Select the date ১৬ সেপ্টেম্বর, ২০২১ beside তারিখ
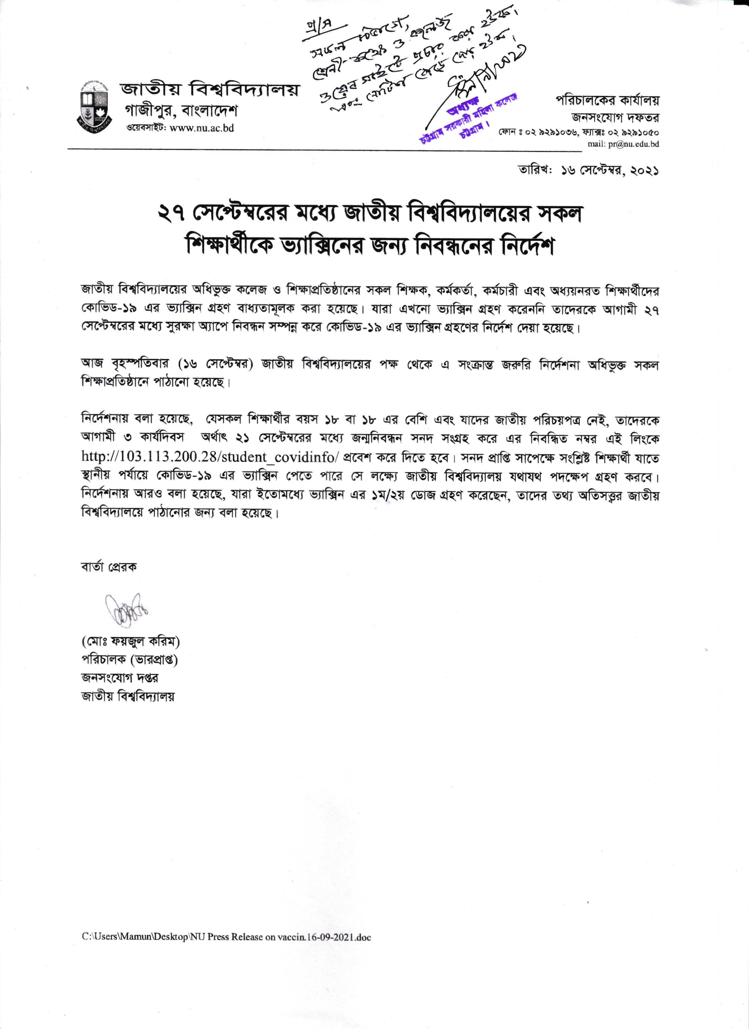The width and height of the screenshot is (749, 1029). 610,171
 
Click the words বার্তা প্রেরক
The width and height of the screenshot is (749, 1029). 109,567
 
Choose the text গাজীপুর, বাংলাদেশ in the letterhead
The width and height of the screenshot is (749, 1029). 181,111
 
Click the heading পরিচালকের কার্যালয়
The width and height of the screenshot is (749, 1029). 607,101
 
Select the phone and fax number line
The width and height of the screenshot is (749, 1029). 579,133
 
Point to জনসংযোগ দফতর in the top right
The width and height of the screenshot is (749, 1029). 615,118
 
